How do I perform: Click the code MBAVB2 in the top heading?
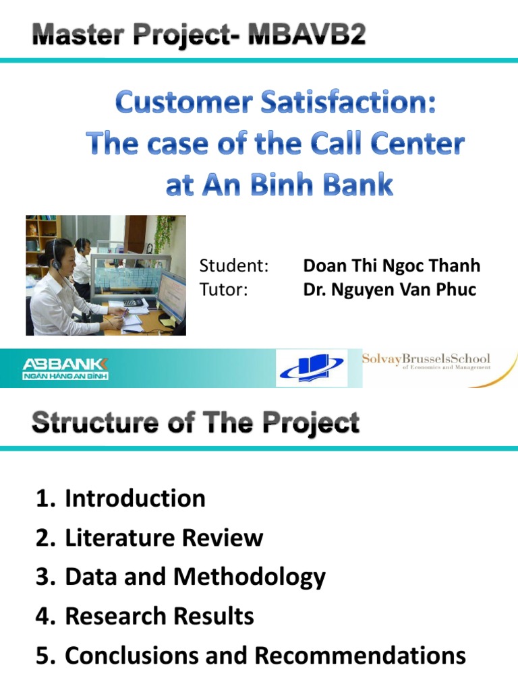(x=307, y=34)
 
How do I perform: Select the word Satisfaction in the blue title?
(x=349, y=102)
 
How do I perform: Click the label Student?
(x=234, y=265)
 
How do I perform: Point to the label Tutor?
(x=223, y=290)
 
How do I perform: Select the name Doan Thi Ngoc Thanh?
(x=392, y=265)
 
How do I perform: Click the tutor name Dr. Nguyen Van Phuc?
(x=389, y=290)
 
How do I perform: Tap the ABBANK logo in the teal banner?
(x=65, y=369)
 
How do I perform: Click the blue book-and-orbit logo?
(x=312, y=367)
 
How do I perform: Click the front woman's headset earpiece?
(x=57, y=263)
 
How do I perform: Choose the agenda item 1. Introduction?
(x=121, y=498)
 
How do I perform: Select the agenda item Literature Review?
(x=164, y=537)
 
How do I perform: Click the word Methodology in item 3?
(x=250, y=577)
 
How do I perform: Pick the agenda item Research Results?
(x=159, y=616)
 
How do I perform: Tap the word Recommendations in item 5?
(x=360, y=655)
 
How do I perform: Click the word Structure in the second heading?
(x=94, y=422)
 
